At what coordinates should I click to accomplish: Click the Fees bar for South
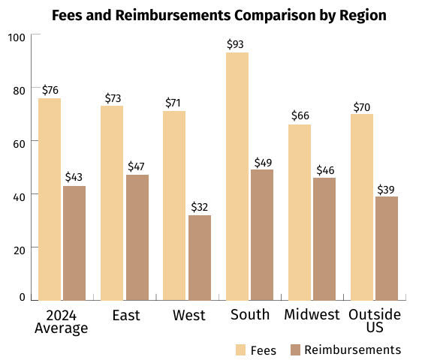(237, 176)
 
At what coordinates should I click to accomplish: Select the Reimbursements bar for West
(200, 258)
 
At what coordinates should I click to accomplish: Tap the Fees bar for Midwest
(300, 212)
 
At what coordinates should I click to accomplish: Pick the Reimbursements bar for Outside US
(387, 248)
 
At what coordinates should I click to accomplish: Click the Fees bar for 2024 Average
(50, 199)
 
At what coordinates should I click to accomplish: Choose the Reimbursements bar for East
(137, 238)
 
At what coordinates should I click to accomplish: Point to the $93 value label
(235, 44)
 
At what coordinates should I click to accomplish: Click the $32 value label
(200, 207)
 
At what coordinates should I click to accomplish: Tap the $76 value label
(50, 90)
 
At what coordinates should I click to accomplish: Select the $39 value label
(386, 190)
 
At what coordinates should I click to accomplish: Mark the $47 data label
(136, 166)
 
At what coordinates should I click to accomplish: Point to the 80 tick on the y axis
(19, 91)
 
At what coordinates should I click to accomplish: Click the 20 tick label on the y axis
(20, 250)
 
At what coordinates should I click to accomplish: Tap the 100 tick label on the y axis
(17, 37)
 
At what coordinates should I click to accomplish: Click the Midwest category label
(312, 314)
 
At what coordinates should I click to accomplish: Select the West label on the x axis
(189, 315)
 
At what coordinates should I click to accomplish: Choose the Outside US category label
(375, 321)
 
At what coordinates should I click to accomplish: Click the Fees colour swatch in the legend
(240, 349)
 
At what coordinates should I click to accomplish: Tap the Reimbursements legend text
(353, 350)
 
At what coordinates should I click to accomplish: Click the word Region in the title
(363, 16)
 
